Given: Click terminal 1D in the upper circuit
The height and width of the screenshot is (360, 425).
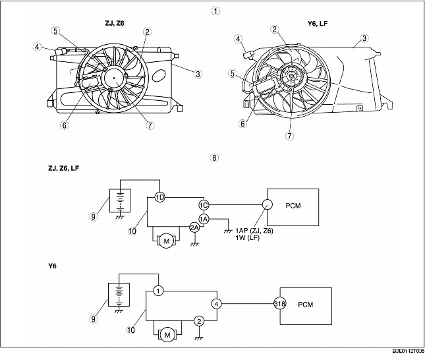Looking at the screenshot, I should [159, 197].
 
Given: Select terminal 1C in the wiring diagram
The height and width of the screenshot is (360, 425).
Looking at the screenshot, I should [204, 204].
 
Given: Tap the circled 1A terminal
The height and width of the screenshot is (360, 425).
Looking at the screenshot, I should [204, 219].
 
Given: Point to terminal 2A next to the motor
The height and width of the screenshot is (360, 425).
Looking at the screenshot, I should [194, 227].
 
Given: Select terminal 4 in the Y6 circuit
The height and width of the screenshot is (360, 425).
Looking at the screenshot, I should [216, 304].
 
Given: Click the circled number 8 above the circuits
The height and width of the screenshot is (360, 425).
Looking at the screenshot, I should [213, 158].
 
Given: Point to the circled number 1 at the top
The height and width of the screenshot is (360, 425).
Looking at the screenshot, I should [213, 11].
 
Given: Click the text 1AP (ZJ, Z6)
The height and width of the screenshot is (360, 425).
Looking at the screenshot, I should [254, 231].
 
